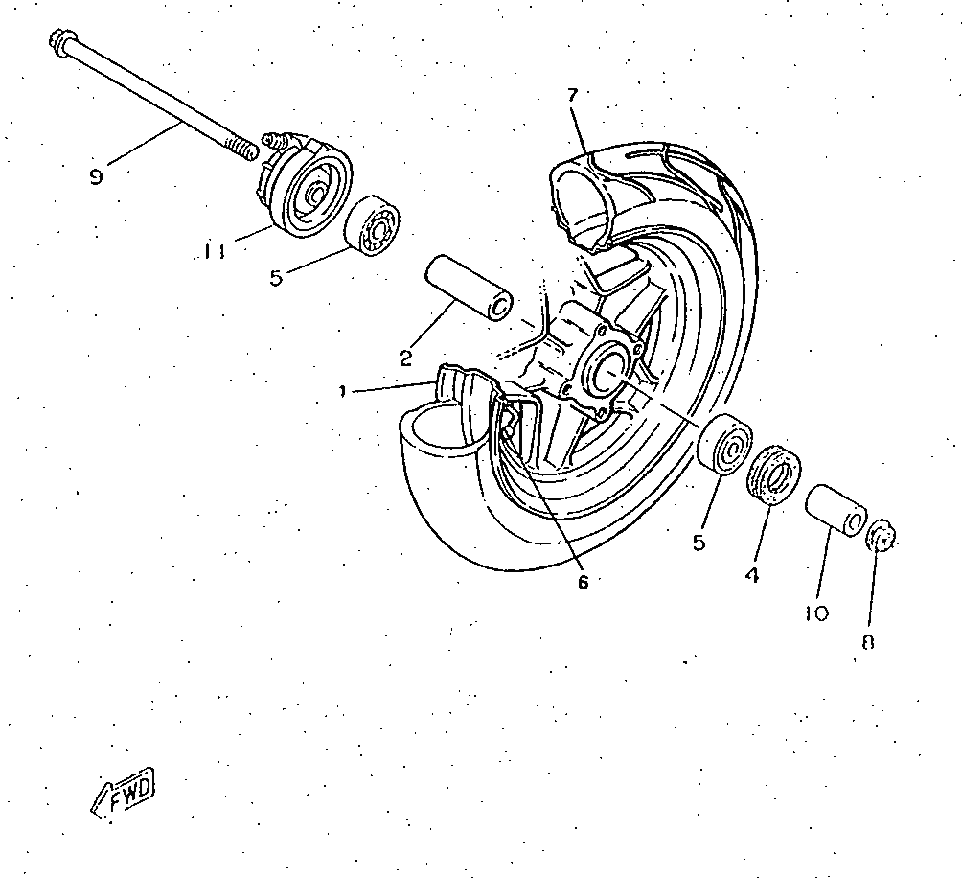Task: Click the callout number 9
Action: (x=96, y=177)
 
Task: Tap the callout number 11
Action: (x=214, y=251)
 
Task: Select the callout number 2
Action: (x=405, y=358)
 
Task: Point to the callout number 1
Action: (x=342, y=391)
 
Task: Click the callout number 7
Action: (x=572, y=95)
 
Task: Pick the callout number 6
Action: (x=583, y=582)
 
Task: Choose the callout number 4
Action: (x=752, y=575)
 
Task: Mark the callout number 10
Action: (x=817, y=612)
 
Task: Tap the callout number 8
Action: (x=868, y=642)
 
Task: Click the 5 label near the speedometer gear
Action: (x=276, y=277)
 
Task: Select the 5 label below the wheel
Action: (x=699, y=543)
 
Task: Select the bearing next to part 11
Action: (x=374, y=226)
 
